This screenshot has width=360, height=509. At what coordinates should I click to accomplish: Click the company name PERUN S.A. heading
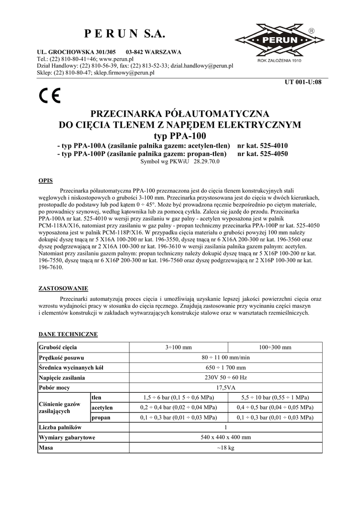tap(124, 34)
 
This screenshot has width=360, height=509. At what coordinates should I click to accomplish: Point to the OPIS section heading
tap(46, 180)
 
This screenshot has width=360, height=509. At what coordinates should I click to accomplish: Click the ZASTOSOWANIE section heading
tap(64, 288)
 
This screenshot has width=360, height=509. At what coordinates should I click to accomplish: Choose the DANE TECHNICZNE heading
tap(68, 334)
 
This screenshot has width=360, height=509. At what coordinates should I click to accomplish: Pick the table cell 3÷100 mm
tap(178, 347)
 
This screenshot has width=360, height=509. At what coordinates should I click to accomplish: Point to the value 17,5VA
tap(225, 387)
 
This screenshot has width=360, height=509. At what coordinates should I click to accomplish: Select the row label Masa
tap(46, 447)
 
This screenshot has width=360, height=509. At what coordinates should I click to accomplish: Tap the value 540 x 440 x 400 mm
tap(225, 437)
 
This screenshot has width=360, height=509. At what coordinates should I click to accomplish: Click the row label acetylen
tap(102, 408)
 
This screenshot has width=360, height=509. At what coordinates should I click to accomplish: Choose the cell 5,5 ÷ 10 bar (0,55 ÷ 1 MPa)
tap(274, 398)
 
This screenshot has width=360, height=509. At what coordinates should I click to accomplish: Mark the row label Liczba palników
tap(60, 427)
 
